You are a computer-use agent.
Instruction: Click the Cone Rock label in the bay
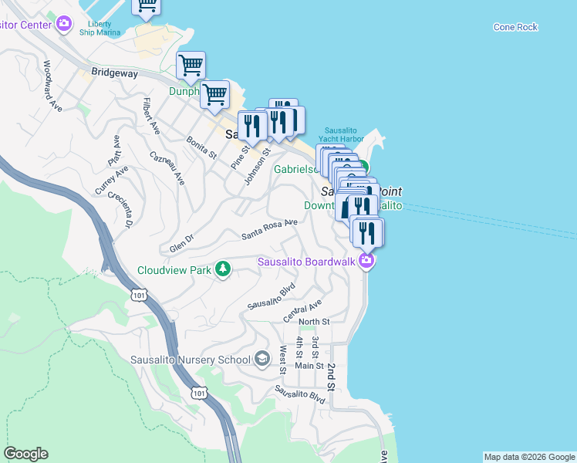coord(516,27)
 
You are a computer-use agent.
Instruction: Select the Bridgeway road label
coord(114,73)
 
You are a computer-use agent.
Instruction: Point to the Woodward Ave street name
coord(52,86)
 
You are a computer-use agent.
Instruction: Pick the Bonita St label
coord(201,147)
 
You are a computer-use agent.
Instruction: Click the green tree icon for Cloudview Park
coord(223,269)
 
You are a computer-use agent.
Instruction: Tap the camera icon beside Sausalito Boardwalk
coord(367,261)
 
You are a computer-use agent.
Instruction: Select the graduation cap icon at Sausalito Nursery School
coord(262,359)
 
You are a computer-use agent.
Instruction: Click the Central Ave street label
coord(302,307)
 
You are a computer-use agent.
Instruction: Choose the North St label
coord(314,322)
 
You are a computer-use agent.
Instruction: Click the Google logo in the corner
coord(25,454)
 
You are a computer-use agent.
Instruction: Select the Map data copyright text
coord(528,457)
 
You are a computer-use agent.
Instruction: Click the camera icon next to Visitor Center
coord(65,24)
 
